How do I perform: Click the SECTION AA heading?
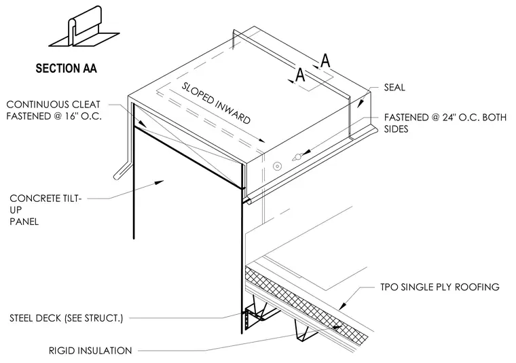click(66, 69)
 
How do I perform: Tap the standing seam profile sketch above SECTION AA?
click(84, 27)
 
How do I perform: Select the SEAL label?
click(394, 87)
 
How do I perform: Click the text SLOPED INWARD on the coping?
click(216, 103)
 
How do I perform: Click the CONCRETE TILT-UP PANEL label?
click(45, 210)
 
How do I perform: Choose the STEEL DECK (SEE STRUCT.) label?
click(66, 318)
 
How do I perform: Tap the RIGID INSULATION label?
click(90, 351)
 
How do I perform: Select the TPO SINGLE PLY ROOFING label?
click(440, 287)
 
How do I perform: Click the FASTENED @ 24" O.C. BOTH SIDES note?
click(445, 123)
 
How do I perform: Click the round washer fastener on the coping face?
click(277, 167)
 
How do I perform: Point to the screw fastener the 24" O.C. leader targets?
click(297, 157)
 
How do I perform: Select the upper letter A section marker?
click(325, 60)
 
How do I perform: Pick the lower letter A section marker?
click(300, 75)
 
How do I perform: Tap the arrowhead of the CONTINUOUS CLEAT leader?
click(142, 124)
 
